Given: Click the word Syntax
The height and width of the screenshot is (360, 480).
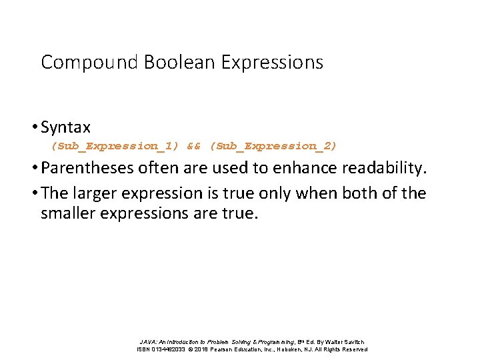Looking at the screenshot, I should pos(65,127).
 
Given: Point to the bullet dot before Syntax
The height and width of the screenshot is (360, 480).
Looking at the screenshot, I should pos(35,127).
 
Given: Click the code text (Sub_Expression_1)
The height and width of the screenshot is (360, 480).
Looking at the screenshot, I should pos(115,145).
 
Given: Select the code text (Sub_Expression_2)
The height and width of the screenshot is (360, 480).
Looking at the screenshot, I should pos(273,145).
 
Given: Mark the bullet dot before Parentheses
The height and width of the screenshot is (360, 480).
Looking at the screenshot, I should pos(35,168).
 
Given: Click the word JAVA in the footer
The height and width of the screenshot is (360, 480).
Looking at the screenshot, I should pos(148,341).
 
